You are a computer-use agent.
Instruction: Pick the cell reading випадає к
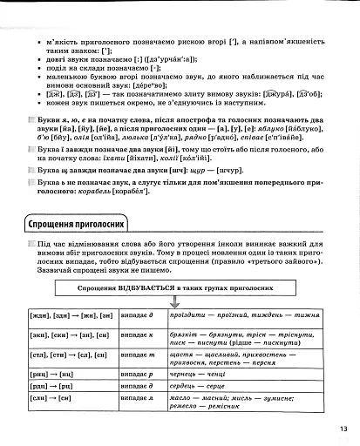tap(137, 334)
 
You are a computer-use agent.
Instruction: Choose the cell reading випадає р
tap(137, 372)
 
